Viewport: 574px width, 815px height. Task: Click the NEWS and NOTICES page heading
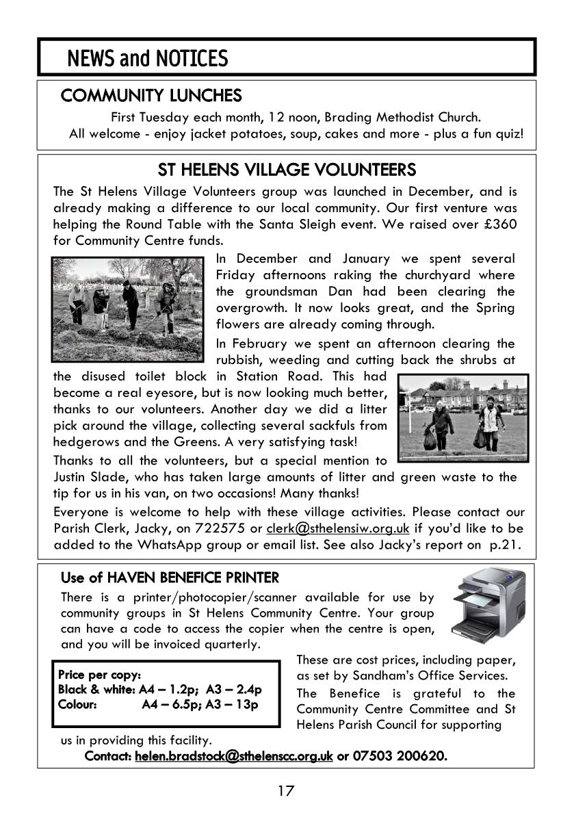point(147,59)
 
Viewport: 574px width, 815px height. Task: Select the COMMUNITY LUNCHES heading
point(151,95)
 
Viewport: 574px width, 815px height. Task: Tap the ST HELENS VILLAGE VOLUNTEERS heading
point(287,169)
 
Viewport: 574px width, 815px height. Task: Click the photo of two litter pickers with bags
point(463,418)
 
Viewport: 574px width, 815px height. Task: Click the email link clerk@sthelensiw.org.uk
point(338,528)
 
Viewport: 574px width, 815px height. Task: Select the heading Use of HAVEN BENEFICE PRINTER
point(170,578)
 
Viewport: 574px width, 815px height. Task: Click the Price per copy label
point(100,675)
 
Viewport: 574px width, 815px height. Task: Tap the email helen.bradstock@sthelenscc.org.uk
point(234,756)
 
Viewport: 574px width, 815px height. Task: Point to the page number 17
point(286,791)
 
